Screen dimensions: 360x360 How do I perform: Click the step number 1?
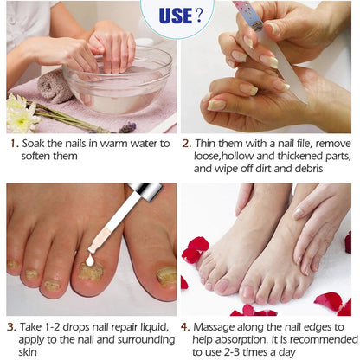[x=11, y=144]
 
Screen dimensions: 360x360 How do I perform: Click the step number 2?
[x=187, y=144]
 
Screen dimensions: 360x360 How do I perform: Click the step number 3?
[x=11, y=328]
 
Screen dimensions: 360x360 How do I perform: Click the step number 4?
[x=187, y=328]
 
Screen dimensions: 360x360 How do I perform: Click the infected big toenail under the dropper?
[x=89, y=273]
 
